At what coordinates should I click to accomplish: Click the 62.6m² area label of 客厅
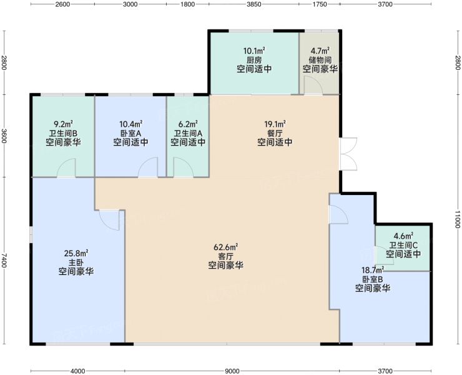pyautogui.click(x=226, y=247)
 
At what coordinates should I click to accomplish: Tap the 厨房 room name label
pyautogui.click(x=254, y=60)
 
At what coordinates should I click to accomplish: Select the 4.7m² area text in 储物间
pyautogui.click(x=320, y=51)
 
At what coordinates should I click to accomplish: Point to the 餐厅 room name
pyautogui.click(x=275, y=133)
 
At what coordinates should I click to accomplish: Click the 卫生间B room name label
pyautogui.click(x=63, y=133)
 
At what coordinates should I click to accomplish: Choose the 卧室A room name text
pyautogui.click(x=130, y=133)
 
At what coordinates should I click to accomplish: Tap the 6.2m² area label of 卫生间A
pyautogui.click(x=188, y=124)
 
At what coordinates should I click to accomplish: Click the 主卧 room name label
pyautogui.click(x=76, y=262)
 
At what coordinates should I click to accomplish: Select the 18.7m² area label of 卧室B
pyautogui.click(x=373, y=270)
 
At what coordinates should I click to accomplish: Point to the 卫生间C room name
pyautogui.click(x=403, y=245)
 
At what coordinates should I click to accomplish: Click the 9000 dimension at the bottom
pyautogui.click(x=232, y=371)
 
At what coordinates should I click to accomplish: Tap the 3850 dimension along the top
pyautogui.click(x=254, y=4)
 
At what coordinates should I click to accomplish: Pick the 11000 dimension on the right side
pyautogui.click(x=457, y=219)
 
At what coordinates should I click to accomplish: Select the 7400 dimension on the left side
pyautogui.click(x=4, y=260)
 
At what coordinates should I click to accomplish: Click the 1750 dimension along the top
pyautogui.click(x=320, y=4)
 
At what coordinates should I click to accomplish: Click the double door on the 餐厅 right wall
pyautogui.click(x=348, y=154)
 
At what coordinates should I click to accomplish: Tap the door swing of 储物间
pyautogui.click(x=313, y=85)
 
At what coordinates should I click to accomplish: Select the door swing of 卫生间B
pyautogui.click(x=66, y=168)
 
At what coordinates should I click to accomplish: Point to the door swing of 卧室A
pyautogui.click(x=148, y=167)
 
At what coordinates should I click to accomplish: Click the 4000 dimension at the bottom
pyautogui.click(x=77, y=371)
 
